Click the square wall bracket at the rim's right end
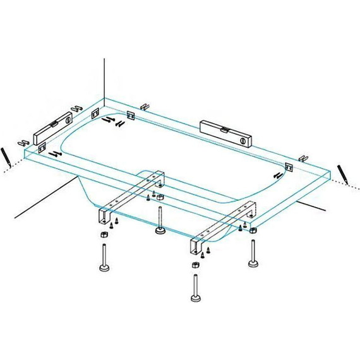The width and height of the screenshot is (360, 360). pos(289,167)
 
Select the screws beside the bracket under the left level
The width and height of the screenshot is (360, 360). pos(56,153)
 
